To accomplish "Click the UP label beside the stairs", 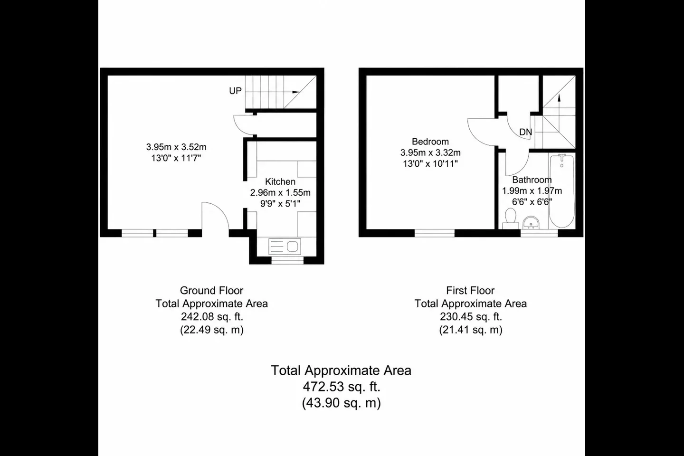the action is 235,91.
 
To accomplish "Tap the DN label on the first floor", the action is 525,132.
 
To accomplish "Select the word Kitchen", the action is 280,182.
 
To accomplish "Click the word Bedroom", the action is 430,142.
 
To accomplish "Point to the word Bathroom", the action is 532,180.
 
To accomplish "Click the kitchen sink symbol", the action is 285,246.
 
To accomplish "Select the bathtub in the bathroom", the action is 562,191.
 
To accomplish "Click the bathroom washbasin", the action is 531,223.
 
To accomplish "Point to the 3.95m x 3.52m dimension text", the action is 176,147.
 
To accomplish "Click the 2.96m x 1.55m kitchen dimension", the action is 280,193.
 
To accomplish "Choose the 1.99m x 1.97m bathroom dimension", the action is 532,191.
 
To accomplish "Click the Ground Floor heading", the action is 212,290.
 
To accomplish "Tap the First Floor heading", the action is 470,290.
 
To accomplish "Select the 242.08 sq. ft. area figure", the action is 212,316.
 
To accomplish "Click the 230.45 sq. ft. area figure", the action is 471,316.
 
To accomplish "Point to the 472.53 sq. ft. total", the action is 342,387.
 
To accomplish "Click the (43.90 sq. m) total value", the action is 342,403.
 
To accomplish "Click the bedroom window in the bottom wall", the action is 435,233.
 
